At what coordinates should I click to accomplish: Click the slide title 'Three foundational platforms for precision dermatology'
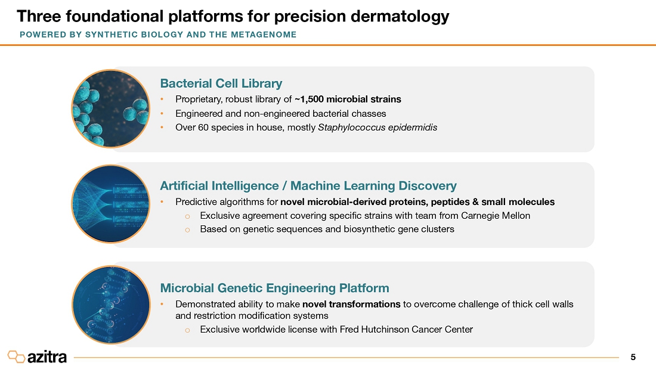pyautogui.click(x=233, y=16)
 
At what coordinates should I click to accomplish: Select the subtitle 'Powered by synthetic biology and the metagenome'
pyautogui.click(x=158, y=35)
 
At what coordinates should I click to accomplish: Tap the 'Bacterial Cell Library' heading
pyautogui.click(x=221, y=83)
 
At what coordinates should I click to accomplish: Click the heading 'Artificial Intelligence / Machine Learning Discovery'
pyautogui.click(x=308, y=185)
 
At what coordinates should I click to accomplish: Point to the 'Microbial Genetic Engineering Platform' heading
pyautogui.click(x=274, y=288)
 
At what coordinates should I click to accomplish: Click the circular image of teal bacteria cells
pyautogui.click(x=111, y=108)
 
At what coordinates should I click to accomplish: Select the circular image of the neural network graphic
pyautogui.click(x=111, y=204)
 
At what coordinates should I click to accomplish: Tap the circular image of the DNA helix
pyautogui.click(x=111, y=305)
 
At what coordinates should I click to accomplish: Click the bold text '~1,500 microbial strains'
pyautogui.click(x=348, y=99)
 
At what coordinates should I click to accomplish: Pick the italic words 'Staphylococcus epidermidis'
pyautogui.click(x=377, y=128)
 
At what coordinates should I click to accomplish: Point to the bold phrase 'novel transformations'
pyautogui.click(x=351, y=304)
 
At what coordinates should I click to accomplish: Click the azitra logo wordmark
pyautogui.click(x=47, y=357)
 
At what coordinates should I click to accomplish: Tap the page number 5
pyautogui.click(x=633, y=357)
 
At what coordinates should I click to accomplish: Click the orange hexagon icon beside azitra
pyautogui.click(x=16, y=356)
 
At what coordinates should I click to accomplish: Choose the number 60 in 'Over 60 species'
pyautogui.click(x=203, y=128)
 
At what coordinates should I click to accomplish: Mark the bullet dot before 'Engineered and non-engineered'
pyautogui.click(x=162, y=114)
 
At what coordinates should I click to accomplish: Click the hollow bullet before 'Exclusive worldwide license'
pyautogui.click(x=187, y=330)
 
